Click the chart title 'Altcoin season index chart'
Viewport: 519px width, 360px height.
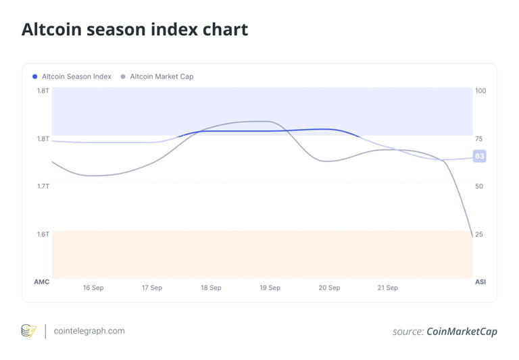coord(134,30)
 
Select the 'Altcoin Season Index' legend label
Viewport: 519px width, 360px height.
coord(76,76)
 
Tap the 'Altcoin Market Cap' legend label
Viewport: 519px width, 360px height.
coord(162,76)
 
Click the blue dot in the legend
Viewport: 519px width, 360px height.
coord(35,76)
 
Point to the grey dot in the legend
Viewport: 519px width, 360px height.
coord(123,76)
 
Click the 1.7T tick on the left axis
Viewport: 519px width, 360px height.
coord(43,186)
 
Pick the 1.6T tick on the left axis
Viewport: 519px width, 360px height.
coord(43,234)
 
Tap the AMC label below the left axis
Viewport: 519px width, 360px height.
coord(41,282)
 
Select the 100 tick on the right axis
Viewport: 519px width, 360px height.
coord(480,91)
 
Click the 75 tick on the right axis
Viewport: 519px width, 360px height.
coord(479,138)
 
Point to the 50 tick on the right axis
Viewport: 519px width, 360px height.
coord(479,186)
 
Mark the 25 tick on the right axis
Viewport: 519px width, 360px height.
coord(479,234)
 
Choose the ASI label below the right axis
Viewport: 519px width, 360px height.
coord(480,282)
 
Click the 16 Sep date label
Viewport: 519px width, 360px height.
coord(93,288)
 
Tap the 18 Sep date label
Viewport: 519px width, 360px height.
coord(211,288)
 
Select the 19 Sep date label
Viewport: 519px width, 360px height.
coord(270,288)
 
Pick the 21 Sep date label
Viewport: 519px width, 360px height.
coord(387,288)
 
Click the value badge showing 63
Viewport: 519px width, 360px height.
coord(479,156)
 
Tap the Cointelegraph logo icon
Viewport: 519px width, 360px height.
coord(28,331)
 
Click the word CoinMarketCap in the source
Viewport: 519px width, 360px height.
coord(462,332)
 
